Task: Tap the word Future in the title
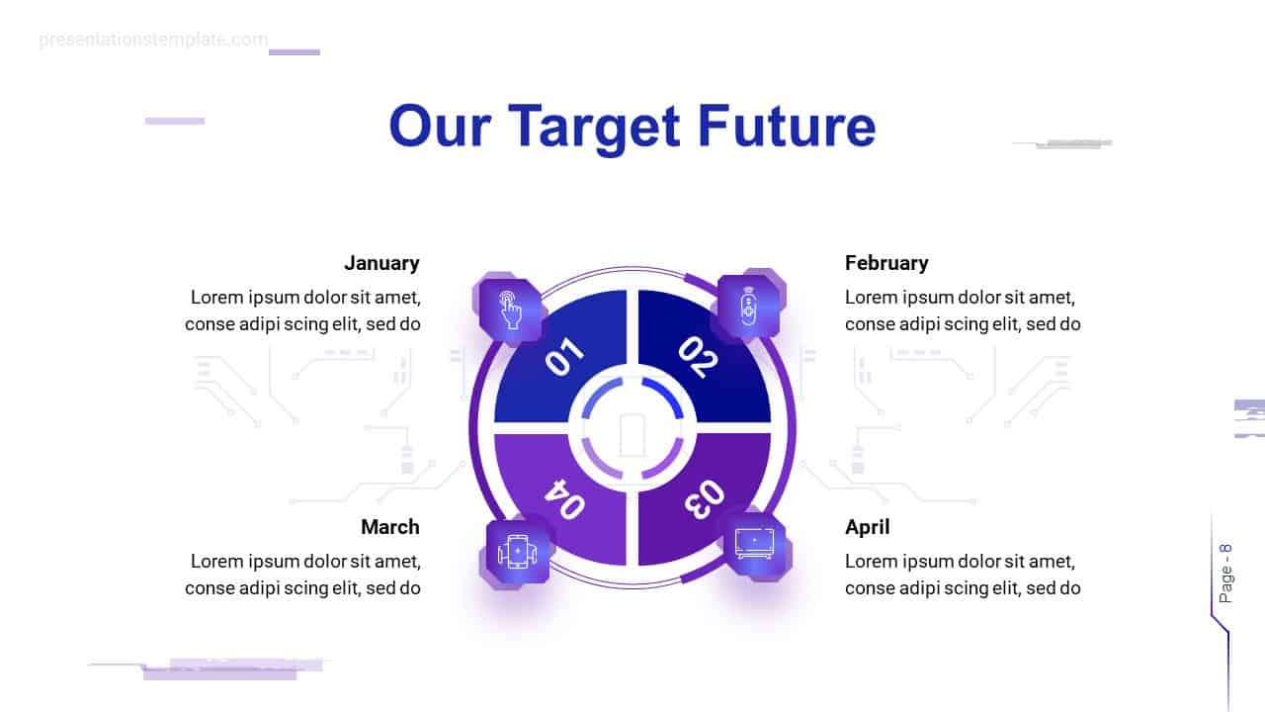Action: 787,127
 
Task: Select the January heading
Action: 381,263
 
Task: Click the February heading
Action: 886,263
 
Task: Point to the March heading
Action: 389,527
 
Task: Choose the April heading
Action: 867,527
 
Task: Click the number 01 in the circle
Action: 564,357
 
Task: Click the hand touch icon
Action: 511,310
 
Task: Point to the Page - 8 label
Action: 1226,574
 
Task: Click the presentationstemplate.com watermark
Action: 153,40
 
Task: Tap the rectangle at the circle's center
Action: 632,434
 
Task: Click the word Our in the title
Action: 438,129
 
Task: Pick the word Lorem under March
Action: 216,562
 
